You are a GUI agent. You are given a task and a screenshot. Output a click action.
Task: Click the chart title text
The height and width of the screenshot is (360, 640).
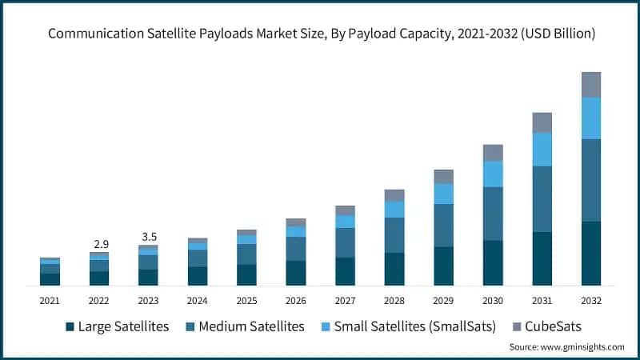pos(320,34)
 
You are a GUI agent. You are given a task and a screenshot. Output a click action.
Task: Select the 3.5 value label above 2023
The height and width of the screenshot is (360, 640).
pos(148,236)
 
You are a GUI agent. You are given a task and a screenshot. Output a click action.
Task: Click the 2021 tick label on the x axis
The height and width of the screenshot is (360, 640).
pos(50,301)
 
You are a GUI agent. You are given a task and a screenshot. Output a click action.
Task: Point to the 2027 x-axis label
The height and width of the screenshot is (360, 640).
pos(345,301)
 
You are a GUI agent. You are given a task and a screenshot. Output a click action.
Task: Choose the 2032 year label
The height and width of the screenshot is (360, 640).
pos(591,301)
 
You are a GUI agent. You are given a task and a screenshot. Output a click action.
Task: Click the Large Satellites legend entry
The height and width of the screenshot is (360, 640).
pos(118,326)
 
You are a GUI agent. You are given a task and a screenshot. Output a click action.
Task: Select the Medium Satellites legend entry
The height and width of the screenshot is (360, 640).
pos(245,326)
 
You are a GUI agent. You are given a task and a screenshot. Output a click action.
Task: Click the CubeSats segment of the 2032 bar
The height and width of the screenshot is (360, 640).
pos(591,84)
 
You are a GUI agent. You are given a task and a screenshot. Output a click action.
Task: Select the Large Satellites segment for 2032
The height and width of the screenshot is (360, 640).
pos(591,253)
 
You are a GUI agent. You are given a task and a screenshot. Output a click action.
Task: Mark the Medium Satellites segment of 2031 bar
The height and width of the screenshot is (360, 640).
pos(542,198)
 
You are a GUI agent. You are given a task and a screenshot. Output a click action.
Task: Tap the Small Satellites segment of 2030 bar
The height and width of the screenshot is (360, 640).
pos(493,174)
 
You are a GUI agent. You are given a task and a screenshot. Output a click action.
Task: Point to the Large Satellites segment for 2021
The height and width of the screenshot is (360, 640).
pos(50,279)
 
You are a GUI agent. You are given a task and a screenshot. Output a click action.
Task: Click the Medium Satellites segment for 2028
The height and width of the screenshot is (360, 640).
pos(394,235)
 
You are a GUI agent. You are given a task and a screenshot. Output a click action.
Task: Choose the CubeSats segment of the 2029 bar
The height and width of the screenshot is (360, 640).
pos(443,176)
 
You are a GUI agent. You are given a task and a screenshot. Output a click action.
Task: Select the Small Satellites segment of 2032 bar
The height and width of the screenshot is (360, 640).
pos(591,118)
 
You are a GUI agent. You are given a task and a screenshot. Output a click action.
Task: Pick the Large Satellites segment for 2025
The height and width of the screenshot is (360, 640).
pos(246,274)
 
